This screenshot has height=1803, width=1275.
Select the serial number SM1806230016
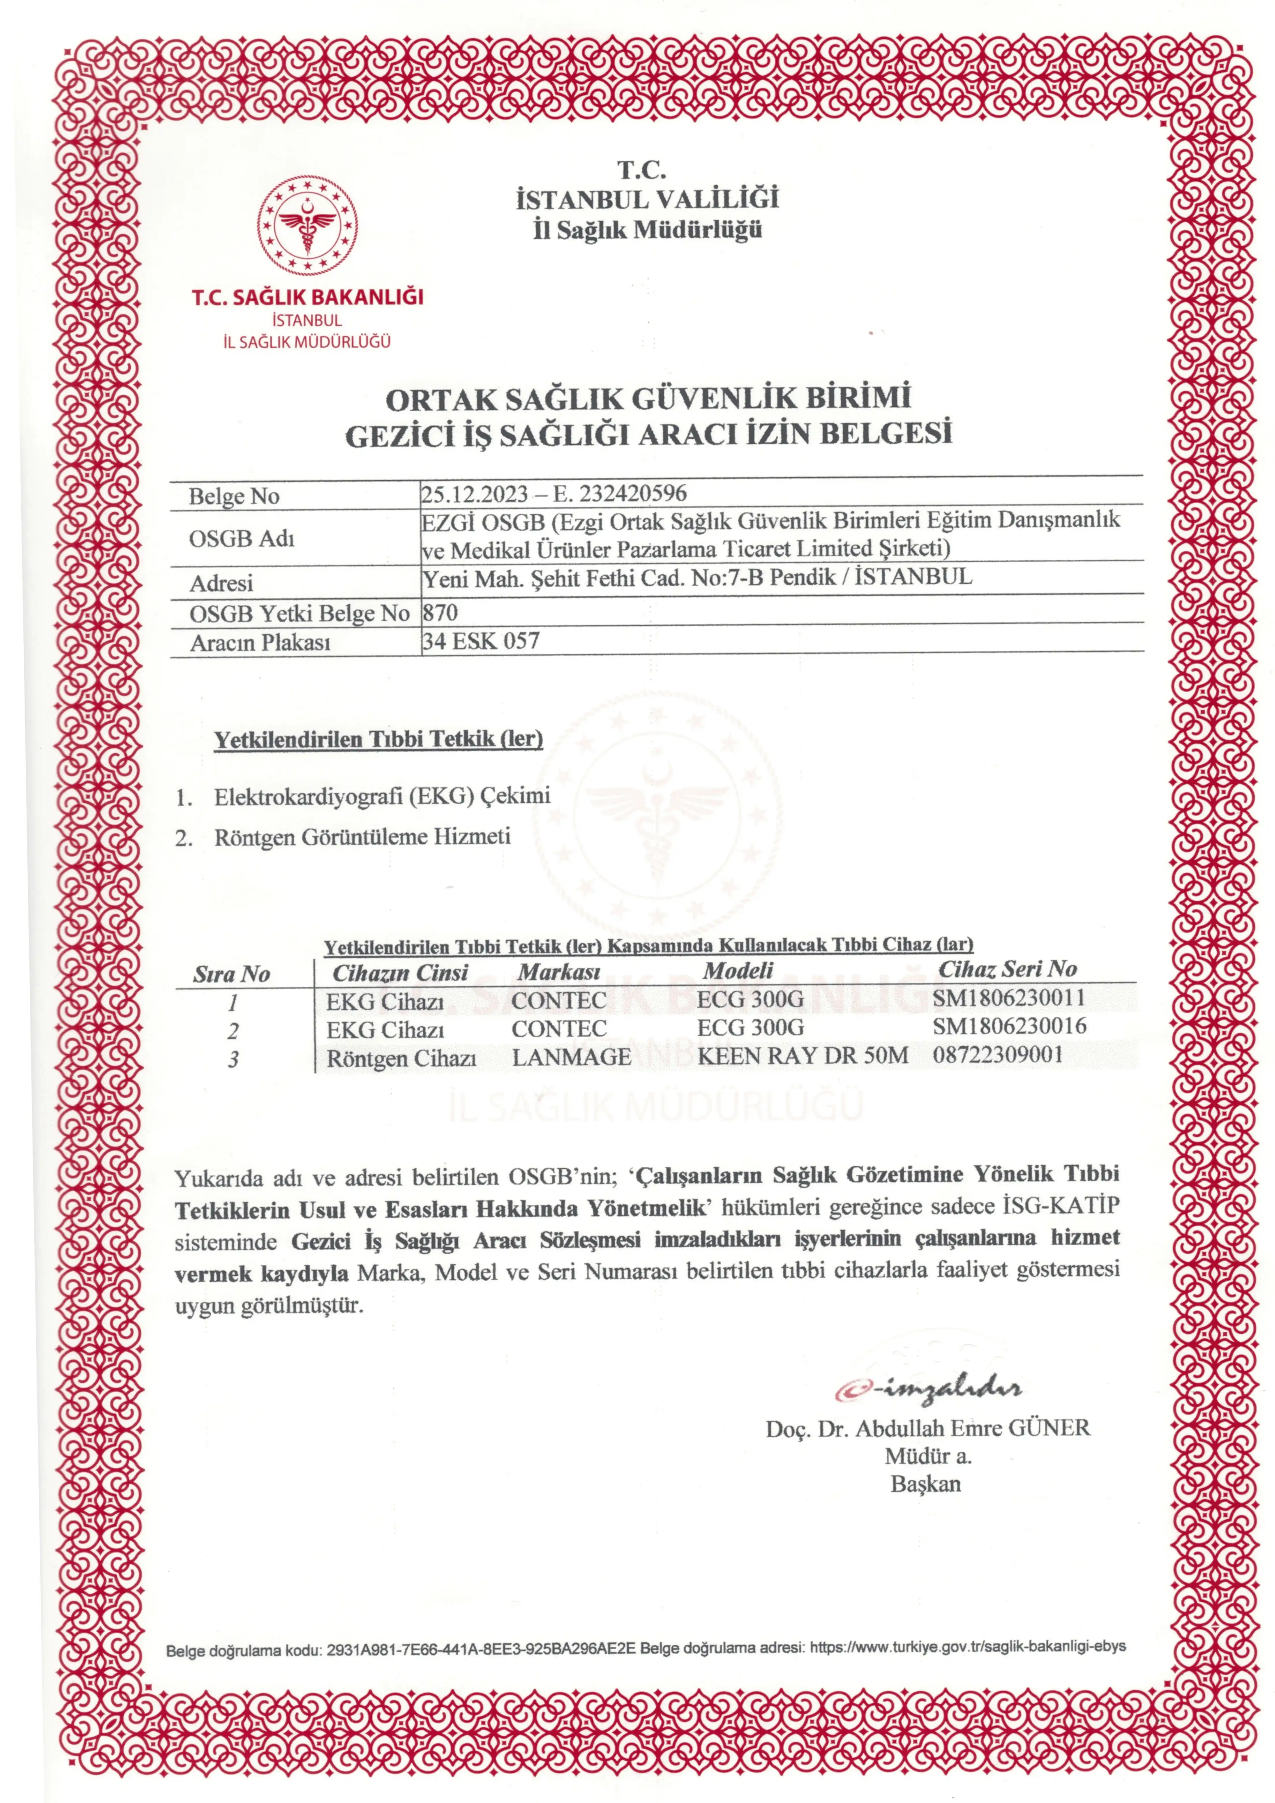tap(1010, 1026)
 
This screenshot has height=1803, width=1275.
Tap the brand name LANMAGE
tap(571, 1057)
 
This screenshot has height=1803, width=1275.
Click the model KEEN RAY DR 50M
tap(802, 1056)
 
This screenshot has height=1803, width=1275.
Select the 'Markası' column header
tap(559, 972)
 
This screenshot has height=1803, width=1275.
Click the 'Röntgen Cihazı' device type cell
tap(401, 1058)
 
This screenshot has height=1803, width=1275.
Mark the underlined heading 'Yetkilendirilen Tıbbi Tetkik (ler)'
tap(379, 739)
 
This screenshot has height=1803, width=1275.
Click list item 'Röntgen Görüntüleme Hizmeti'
tap(362, 837)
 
